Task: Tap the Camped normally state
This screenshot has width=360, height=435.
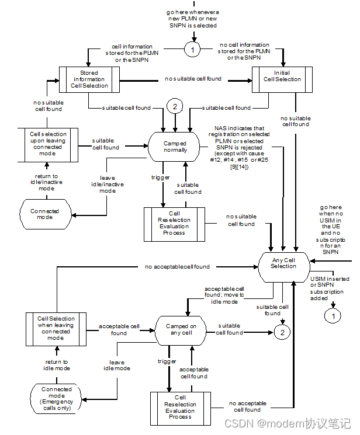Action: [x=175, y=146]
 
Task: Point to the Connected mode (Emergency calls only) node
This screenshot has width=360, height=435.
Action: [x=57, y=399]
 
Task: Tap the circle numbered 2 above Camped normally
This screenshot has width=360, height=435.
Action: [x=175, y=107]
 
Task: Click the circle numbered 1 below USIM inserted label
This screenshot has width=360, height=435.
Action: [x=333, y=316]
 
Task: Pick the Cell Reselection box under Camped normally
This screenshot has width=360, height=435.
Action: [x=174, y=223]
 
